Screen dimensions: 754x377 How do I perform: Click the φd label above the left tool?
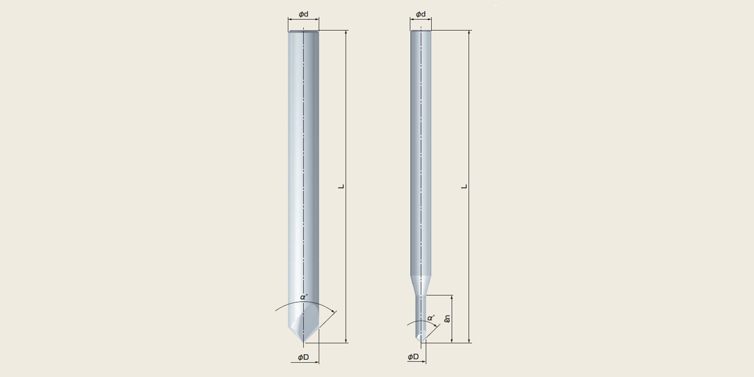303,14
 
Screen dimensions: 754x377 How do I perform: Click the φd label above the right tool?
421,14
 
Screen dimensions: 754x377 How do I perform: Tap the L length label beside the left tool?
342,186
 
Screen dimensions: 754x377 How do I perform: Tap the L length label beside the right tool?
464,186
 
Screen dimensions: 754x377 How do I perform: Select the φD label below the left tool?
303,357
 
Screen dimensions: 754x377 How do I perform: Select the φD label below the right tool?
414,357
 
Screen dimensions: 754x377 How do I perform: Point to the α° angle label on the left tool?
304,297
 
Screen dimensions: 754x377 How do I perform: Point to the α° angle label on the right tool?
431,318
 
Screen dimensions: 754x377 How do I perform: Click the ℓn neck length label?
447,319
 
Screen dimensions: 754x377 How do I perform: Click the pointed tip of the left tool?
303,343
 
